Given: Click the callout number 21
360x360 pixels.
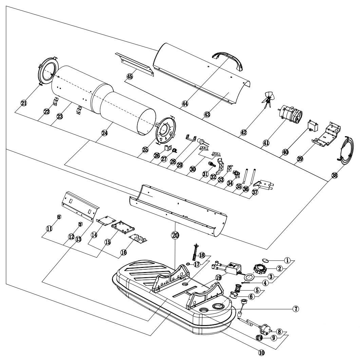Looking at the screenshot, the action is (24, 103).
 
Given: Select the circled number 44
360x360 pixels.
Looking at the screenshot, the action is (185, 104).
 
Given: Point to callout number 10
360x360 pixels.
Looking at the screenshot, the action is (261, 352).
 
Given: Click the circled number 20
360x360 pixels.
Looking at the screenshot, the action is (175, 235).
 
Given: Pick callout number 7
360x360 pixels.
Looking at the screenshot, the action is (296, 309).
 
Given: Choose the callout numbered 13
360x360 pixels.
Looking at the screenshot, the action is (78, 239).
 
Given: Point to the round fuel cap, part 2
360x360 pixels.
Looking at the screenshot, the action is (260, 268).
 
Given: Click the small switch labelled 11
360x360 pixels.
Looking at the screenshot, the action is (59, 217).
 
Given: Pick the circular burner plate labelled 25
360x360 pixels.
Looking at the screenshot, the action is (165, 131).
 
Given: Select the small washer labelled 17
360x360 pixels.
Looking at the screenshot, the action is (188, 264).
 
